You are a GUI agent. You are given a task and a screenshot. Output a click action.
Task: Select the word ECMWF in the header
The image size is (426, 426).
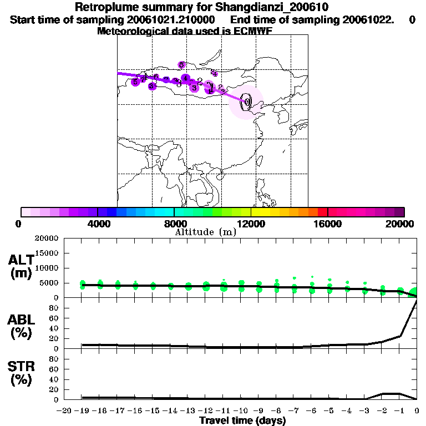(x=254, y=31)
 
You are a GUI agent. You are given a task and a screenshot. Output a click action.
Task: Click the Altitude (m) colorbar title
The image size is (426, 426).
(x=205, y=232)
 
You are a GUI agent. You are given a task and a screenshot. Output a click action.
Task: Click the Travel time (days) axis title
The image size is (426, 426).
(x=242, y=421)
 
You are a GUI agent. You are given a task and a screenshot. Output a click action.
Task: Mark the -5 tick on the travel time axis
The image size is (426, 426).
(x=329, y=410)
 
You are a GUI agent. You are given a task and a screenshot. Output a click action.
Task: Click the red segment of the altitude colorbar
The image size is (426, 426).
(x=322, y=212)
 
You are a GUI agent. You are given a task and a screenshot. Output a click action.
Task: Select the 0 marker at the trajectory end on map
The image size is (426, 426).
(x=247, y=101)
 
